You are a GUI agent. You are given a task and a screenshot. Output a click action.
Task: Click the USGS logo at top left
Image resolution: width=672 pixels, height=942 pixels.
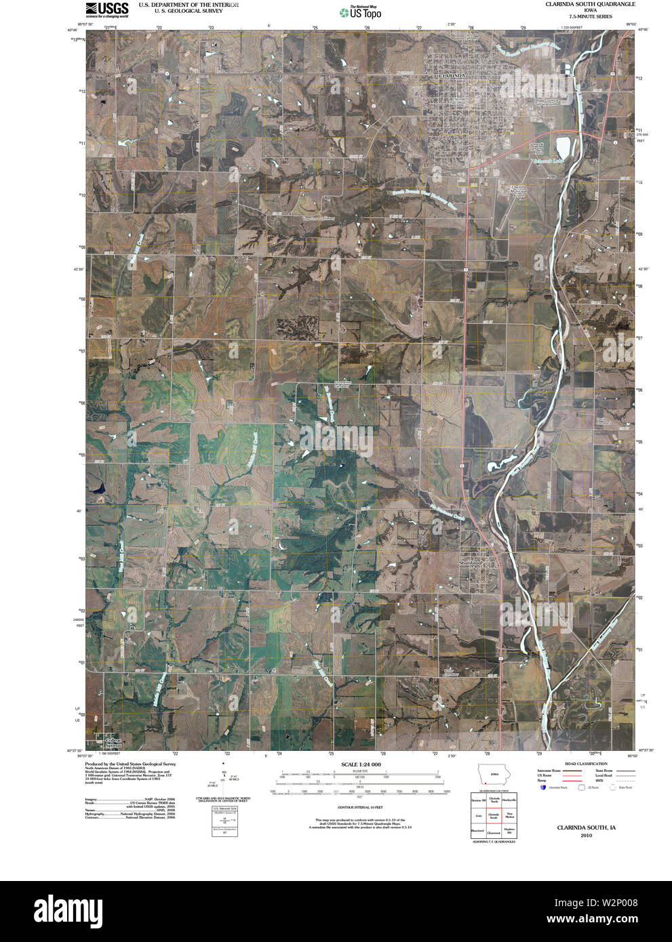tap(106, 9)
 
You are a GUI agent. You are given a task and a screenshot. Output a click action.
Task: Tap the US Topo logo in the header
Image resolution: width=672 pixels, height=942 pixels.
tap(360, 12)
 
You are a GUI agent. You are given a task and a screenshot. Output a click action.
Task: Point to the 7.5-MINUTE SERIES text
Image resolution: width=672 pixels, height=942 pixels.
tap(591, 16)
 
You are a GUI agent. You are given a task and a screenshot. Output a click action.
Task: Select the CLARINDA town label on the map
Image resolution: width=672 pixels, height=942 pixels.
tap(452, 77)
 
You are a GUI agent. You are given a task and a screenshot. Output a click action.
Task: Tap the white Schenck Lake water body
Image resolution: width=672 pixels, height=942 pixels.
tap(563, 146)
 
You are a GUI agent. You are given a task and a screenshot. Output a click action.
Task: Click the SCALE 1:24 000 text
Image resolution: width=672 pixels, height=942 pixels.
tap(361, 764)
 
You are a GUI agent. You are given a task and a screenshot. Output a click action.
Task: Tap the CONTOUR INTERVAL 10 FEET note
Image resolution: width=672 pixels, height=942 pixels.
tap(361, 807)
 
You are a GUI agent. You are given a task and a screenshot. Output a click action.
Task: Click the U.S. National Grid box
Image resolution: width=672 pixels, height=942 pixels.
tap(224, 821)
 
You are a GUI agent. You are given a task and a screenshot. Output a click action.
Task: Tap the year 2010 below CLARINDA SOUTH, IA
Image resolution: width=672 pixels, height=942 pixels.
tap(586, 836)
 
